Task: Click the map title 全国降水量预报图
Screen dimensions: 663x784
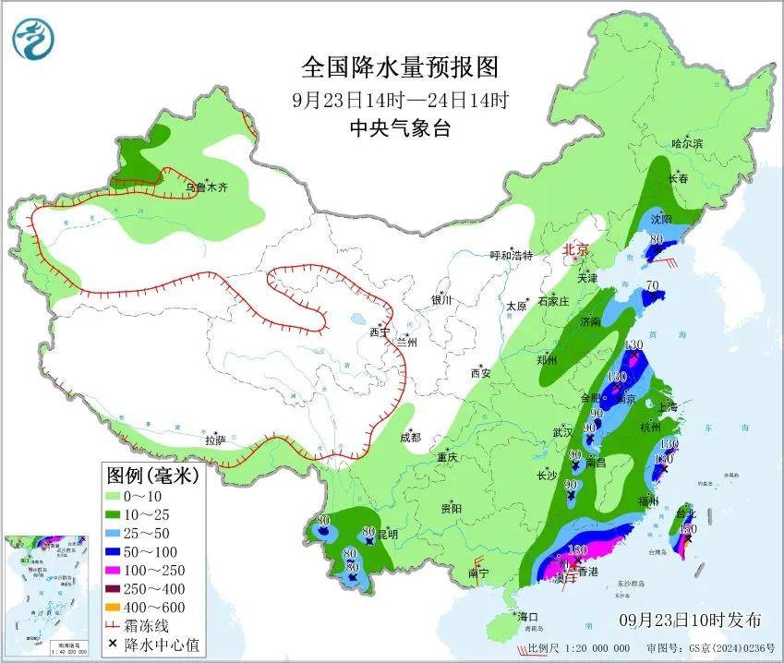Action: [399, 68]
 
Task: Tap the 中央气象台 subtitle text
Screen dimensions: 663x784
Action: [399, 129]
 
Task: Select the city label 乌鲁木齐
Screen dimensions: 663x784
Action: [205, 187]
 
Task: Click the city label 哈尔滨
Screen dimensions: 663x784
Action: [687, 143]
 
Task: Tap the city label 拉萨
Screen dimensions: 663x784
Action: [216, 440]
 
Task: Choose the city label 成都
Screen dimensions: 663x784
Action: [410, 438]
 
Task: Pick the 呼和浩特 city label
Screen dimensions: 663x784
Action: [511, 256]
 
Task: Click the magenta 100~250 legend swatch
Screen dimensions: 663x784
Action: [121, 571]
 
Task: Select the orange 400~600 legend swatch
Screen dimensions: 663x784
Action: [121, 608]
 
